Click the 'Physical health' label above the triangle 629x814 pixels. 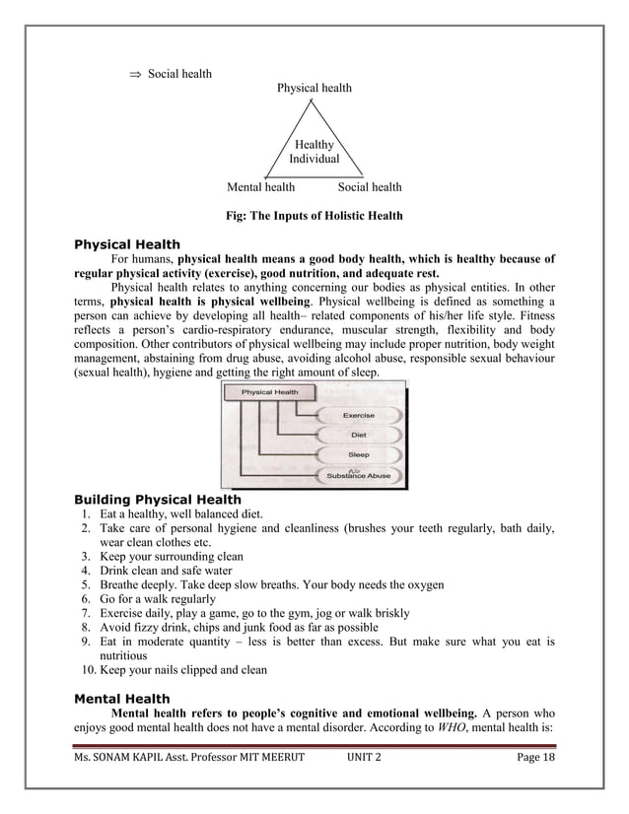314,88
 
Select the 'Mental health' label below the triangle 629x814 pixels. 260,186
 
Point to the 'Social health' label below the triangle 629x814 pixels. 370,186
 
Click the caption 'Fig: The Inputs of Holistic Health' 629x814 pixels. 314,215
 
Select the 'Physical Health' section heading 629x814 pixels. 128,244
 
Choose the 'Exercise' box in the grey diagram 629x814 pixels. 357,416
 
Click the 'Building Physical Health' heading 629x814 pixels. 158,500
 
